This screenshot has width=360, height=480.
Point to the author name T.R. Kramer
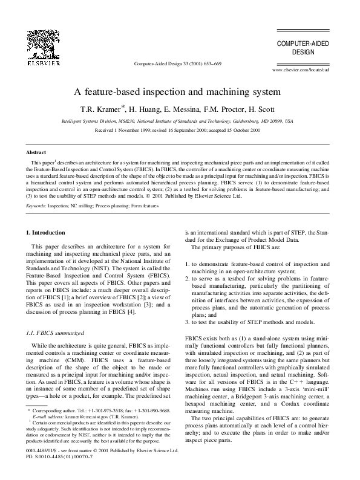tap(113, 109)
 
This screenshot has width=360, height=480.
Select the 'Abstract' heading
tap(37, 152)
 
